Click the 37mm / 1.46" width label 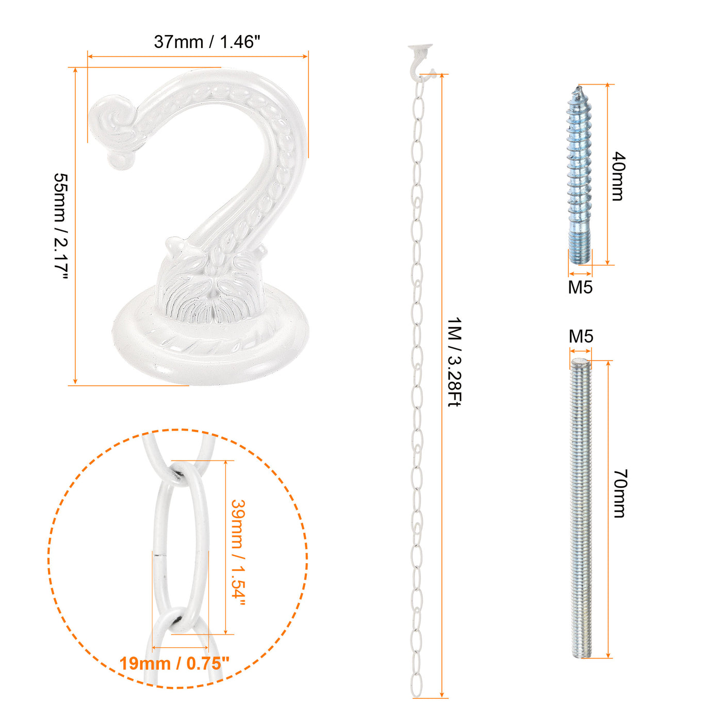point(207,42)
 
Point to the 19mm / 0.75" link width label point(174,664)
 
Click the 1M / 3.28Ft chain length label point(454,362)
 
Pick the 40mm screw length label point(618,176)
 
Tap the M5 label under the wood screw point(580,287)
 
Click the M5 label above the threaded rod point(581,336)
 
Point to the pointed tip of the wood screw point(578,87)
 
